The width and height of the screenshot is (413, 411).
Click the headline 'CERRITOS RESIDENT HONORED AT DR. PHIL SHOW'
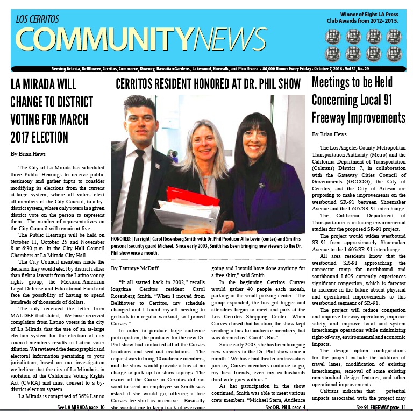[209, 84]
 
